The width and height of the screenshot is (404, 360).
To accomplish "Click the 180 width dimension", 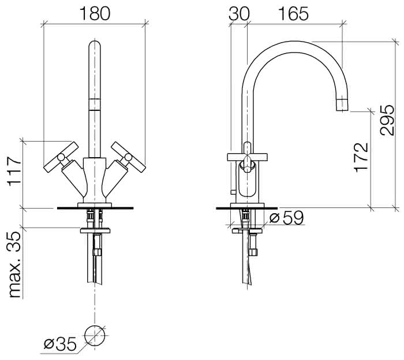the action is tap(95, 13).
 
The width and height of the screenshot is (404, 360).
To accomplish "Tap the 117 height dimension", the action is tap(14, 171).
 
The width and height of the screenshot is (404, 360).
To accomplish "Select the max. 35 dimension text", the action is tap(14, 265).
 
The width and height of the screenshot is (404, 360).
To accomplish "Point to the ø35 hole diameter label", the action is tap(60, 344).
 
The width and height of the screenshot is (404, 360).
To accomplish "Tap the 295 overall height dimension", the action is tap(387, 120).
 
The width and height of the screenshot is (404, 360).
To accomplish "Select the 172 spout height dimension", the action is tap(361, 157).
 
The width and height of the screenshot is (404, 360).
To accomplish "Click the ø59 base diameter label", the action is tap(287, 218).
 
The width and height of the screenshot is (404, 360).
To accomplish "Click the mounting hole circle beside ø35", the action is tap(95, 336).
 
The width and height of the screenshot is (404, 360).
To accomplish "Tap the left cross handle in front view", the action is tap(61, 157).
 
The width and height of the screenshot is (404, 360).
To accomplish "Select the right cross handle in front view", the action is tap(128, 157).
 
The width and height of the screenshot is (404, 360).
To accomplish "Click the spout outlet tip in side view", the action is tap(343, 105).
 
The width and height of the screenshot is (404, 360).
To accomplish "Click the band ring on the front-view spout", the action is tap(94, 105).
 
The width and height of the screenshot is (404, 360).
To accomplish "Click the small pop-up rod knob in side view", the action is tap(233, 192).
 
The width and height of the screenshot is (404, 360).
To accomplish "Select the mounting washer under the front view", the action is tap(95, 231).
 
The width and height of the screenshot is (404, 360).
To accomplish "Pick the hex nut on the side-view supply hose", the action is tap(253, 252).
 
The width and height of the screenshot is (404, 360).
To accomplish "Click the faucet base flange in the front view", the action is tap(95, 205).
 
